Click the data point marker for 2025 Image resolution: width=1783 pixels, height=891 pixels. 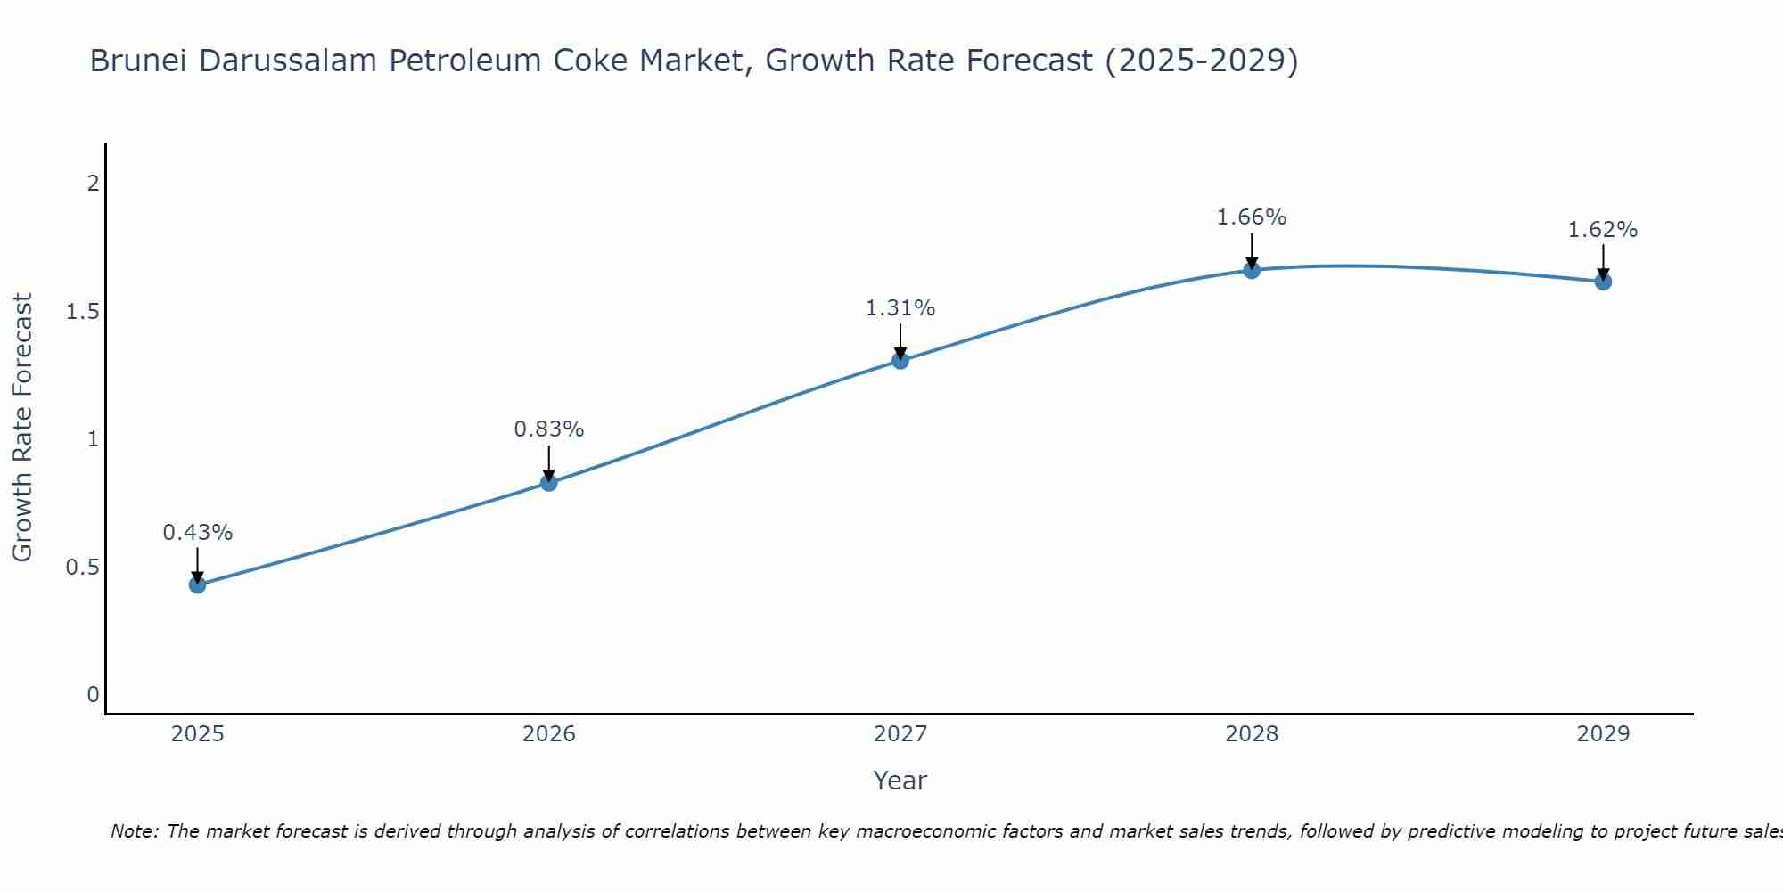point(198,584)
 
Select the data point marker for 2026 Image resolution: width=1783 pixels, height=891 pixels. point(549,482)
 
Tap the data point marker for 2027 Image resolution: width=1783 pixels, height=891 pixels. point(900,360)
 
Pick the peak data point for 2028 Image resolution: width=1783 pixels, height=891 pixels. point(1252,270)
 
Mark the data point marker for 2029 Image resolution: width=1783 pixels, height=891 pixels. point(1603,282)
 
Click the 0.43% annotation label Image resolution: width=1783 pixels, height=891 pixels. point(198,533)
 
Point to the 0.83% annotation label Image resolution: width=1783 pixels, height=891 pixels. point(549,429)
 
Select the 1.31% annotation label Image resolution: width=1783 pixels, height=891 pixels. point(900,308)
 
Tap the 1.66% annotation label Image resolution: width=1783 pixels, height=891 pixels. point(1252,217)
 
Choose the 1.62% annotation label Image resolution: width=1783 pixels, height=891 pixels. point(1603,230)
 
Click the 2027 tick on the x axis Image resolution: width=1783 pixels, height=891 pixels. point(900,734)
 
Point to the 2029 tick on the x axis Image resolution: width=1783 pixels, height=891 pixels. point(1603,734)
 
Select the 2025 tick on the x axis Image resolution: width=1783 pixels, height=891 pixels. point(198,734)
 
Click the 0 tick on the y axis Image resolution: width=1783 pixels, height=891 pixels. point(93,695)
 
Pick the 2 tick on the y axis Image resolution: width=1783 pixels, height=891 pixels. point(93,184)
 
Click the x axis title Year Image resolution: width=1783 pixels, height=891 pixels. point(900,781)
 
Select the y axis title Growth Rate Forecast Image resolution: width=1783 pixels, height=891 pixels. point(22,428)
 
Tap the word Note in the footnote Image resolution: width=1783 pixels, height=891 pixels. point(134,831)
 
